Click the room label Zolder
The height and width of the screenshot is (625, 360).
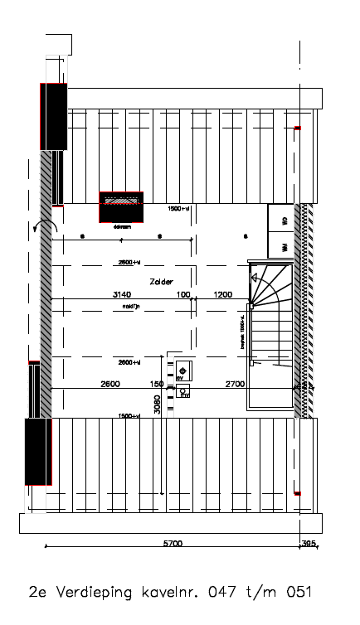162,282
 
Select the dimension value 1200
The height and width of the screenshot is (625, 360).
222,294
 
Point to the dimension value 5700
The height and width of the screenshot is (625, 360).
173,544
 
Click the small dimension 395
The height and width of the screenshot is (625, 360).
309,544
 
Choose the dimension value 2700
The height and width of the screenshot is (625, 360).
235,384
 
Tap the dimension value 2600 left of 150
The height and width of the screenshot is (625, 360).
110,384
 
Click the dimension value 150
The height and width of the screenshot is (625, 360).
157,384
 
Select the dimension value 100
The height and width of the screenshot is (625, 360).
183,294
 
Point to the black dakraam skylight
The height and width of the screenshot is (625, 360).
121,206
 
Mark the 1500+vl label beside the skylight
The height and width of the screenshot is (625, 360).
179,209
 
